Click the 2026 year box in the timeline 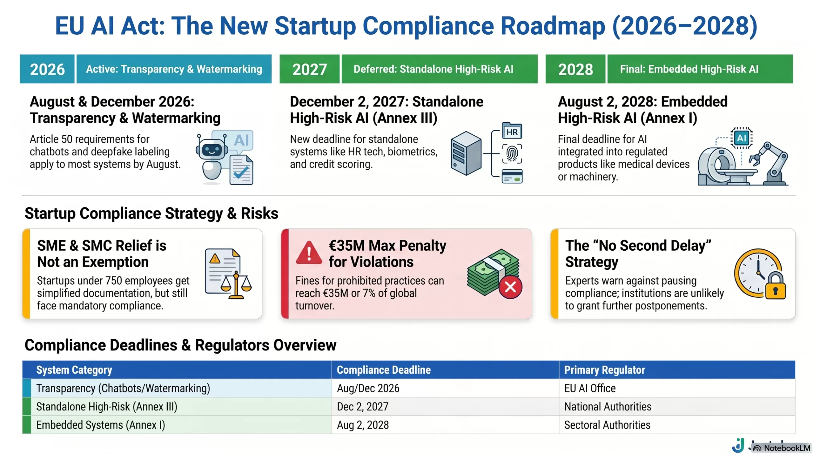47,69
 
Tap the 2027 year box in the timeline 309,69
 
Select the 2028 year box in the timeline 575,69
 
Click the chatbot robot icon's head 212,149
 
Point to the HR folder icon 512,130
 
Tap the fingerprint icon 512,154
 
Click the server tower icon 466,153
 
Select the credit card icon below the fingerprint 512,176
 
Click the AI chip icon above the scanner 741,138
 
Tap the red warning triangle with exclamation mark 309,253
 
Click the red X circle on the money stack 510,287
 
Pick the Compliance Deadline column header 384,370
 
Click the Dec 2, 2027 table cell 363,407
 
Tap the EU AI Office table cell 590,388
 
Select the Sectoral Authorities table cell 607,425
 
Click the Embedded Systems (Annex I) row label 101,425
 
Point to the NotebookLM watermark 782,448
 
